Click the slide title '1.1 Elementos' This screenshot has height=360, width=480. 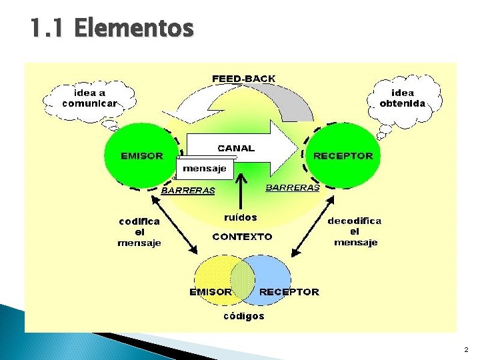(111, 29)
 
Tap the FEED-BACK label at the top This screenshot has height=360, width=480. (243, 79)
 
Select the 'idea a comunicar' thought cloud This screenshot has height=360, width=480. (89, 98)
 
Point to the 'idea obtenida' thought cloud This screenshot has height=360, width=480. (403, 98)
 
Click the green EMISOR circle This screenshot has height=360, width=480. (141, 155)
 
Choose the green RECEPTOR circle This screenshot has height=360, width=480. (343, 155)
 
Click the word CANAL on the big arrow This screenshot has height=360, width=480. (236, 148)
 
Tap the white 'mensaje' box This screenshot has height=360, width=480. (205, 169)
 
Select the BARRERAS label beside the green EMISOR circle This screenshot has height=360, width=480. (189, 191)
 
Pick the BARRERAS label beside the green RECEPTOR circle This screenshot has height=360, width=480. (293, 188)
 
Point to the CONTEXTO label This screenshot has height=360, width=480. (242, 236)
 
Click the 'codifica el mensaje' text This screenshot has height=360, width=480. (139, 232)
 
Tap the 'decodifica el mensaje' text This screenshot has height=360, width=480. (355, 231)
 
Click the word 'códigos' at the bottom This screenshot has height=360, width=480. (243, 316)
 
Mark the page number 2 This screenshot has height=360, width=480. (465, 349)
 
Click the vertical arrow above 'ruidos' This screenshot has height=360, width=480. (242, 190)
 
